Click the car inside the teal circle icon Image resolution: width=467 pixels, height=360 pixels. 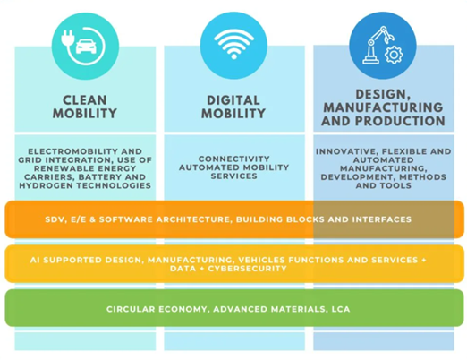(x=86, y=47)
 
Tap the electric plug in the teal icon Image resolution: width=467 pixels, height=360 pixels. (x=66, y=38)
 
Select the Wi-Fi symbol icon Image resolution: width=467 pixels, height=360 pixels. (x=233, y=44)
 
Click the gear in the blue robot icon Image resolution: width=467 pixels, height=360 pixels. (x=394, y=55)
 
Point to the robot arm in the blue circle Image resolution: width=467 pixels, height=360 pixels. (x=377, y=45)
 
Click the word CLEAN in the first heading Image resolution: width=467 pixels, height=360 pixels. (x=85, y=100)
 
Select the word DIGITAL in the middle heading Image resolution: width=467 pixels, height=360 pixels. (x=233, y=100)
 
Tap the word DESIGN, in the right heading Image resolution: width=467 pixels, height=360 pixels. (x=383, y=94)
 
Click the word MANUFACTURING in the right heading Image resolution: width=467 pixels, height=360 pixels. (x=383, y=107)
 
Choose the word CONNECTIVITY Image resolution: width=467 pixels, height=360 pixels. (x=233, y=159)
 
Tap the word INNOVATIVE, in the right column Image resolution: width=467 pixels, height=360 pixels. (x=347, y=151)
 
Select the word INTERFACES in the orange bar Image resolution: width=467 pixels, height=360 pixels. (x=382, y=219)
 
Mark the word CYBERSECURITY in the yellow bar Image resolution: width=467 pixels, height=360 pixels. (x=247, y=269)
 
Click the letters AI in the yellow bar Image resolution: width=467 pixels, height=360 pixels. (x=35, y=260)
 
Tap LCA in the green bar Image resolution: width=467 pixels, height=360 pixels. (x=341, y=309)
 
